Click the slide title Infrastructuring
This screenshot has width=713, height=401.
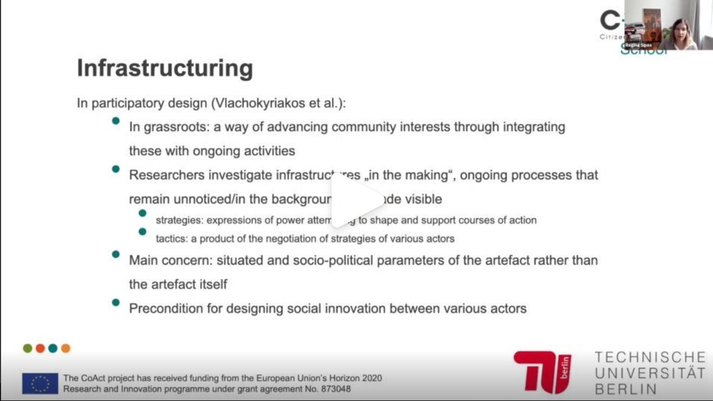[165, 68]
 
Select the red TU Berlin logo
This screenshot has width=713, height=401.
[542, 372]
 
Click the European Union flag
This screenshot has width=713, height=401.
[40, 384]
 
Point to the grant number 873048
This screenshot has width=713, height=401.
[335, 389]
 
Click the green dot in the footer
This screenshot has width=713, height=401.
[28, 348]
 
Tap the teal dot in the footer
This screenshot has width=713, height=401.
[53, 348]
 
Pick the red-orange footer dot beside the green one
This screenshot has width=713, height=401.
[40, 348]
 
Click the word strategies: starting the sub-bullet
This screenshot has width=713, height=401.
[179, 220]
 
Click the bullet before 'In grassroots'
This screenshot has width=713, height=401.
[116, 121]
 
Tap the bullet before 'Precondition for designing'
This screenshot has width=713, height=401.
[116, 303]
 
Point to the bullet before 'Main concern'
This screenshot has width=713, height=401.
[116, 254]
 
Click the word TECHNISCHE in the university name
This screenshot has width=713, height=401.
[649, 358]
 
